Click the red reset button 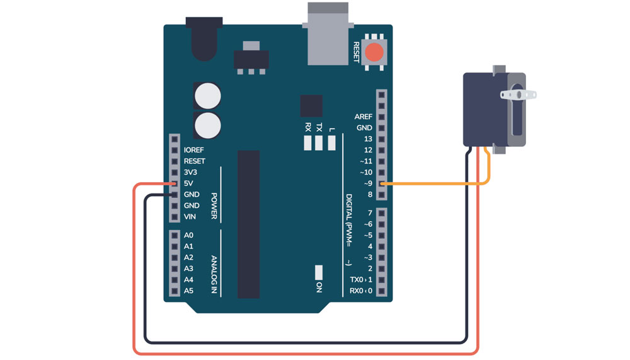(x=375, y=52)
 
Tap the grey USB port (x=328, y=35)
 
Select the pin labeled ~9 (x=381, y=183)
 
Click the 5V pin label (x=189, y=183)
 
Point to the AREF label (x=364, y=117)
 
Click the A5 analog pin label (x=188, y=291)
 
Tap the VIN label (x=190, y=217)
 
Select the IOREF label (x=194, y=150)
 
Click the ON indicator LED (x=319, y=272)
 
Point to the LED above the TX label (x=319, y=143)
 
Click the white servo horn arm (x=518, y=95)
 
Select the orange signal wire (x=435, y=183)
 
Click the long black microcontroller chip (x=248, y=224)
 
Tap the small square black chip (x=311, y=105)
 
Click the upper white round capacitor (x=207, y=96)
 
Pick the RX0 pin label (x=357, y=291)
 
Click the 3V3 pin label (x=190, y=172)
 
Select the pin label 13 (x=368, y=139)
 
